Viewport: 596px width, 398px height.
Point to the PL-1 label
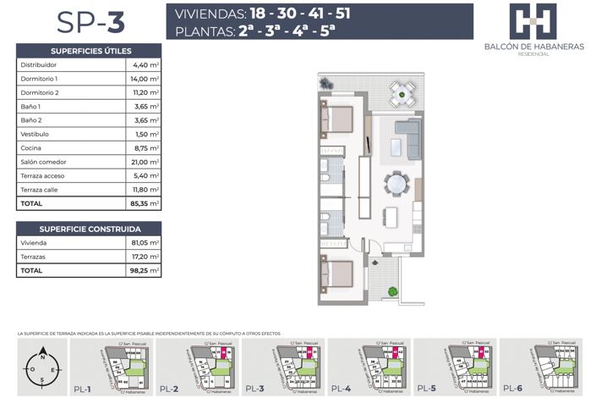tap(83, 388)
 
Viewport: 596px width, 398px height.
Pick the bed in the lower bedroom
tap(339, 274)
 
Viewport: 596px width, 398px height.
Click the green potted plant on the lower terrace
tap(392, 292)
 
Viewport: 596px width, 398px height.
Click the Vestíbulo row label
tap(34, 134)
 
